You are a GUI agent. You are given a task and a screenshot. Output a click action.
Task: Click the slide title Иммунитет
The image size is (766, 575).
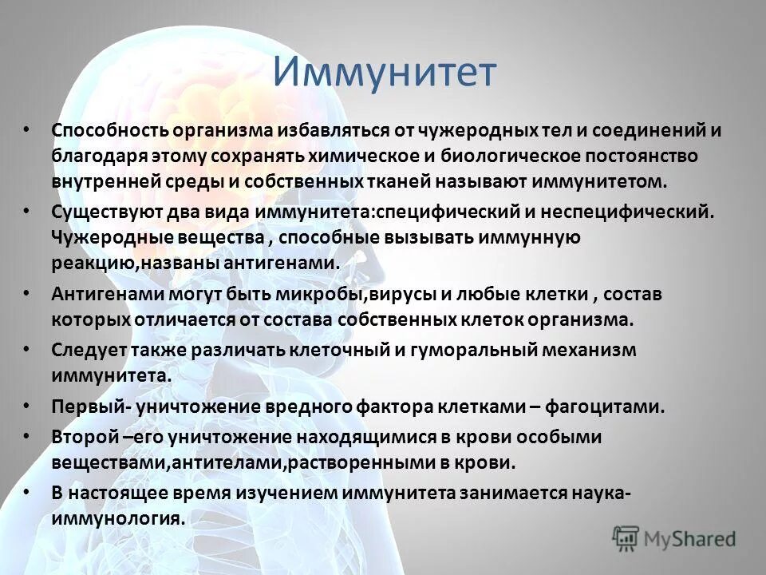[x=384, y=72]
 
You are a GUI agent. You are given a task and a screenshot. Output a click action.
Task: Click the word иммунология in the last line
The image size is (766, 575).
[x=117, y=517]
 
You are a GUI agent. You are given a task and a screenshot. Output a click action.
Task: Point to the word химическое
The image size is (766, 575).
[x=368, y=155]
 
